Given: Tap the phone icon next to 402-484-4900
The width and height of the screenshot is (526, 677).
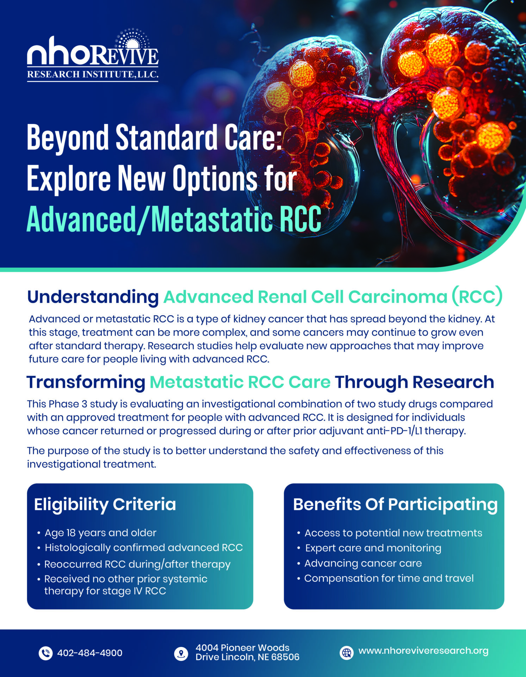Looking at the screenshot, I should [x=45, y=653].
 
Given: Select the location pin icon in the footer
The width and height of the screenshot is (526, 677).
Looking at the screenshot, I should [x=181, y=653].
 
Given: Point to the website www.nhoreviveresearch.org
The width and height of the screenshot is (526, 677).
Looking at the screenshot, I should [x=423, y=651].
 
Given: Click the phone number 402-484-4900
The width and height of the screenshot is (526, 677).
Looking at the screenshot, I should [x=89, y=653].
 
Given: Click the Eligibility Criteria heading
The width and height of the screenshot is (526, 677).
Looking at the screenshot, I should [x=105, y=504].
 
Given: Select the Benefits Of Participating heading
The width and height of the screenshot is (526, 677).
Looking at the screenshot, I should [x=395, y=504].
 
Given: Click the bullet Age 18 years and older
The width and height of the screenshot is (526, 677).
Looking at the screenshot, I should [x=100, y=532].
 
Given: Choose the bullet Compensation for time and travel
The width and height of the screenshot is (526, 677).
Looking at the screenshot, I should [x=389, y=578].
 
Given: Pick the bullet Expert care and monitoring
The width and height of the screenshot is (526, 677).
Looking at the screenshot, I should [x=373, y=548].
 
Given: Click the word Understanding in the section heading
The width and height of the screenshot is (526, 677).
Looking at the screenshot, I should [x=93, y=297].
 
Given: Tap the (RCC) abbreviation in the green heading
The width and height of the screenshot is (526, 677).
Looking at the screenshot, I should [x=477, y=297].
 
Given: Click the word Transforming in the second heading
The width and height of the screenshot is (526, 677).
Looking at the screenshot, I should [x=86, y=382].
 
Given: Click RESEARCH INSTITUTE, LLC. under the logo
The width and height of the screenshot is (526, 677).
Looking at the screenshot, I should [x=93, y=74].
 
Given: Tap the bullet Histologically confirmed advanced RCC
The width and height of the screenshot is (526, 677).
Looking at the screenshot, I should [x=143, y=548].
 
